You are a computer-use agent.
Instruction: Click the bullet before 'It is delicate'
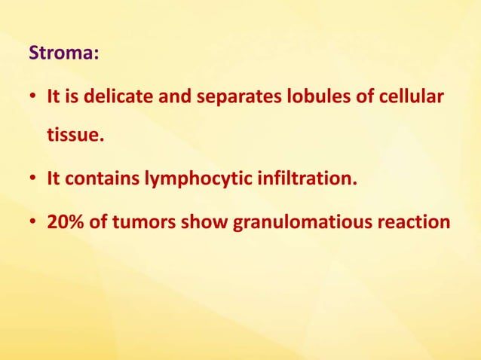point(33,99)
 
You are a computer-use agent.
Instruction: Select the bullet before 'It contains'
point(33,182)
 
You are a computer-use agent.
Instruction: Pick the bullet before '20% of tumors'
point(33,224)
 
